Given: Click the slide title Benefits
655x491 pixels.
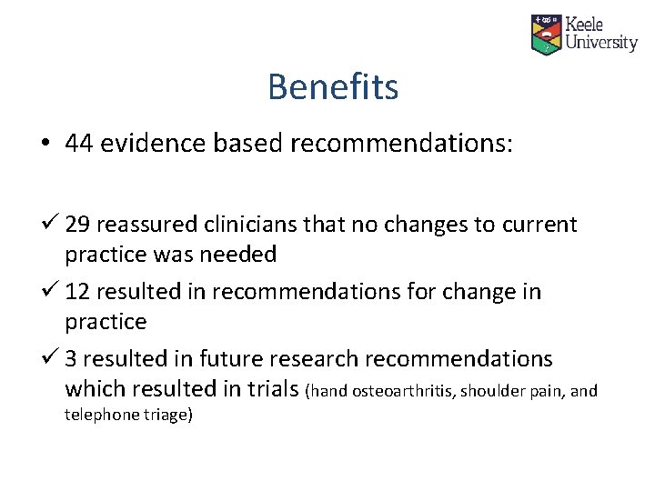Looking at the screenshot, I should coord(333,87).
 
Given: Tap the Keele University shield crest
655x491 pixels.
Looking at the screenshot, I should coord(546,34).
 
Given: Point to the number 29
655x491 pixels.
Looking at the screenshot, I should coord(79,225).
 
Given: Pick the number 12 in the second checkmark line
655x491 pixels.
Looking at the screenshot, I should coord(79,292).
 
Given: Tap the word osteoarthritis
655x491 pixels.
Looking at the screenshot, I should coord(398,392).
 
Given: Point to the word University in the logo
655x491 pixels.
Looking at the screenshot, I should coord(601,43).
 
